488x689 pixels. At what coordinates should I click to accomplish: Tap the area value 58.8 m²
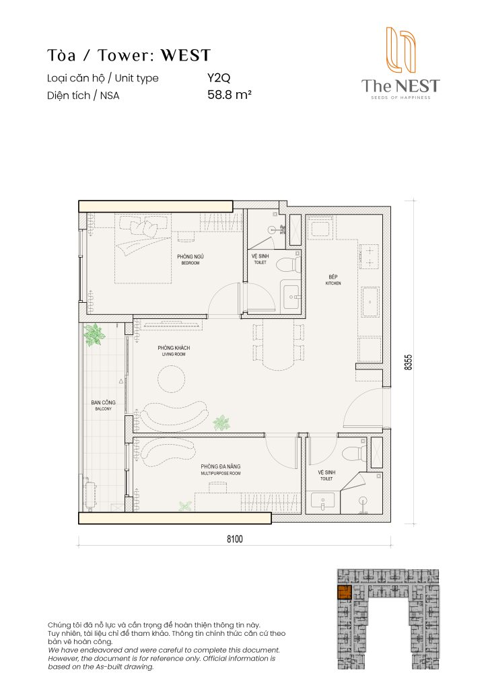[230, 96]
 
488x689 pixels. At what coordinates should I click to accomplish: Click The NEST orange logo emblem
[399, 50]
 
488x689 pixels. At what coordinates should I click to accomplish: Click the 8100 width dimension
[234, 539]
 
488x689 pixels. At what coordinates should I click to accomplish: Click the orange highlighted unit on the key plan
[344, 593]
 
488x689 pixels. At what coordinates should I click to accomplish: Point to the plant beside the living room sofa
[220, 423]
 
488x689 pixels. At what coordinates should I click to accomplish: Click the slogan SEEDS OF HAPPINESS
[400, 98]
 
